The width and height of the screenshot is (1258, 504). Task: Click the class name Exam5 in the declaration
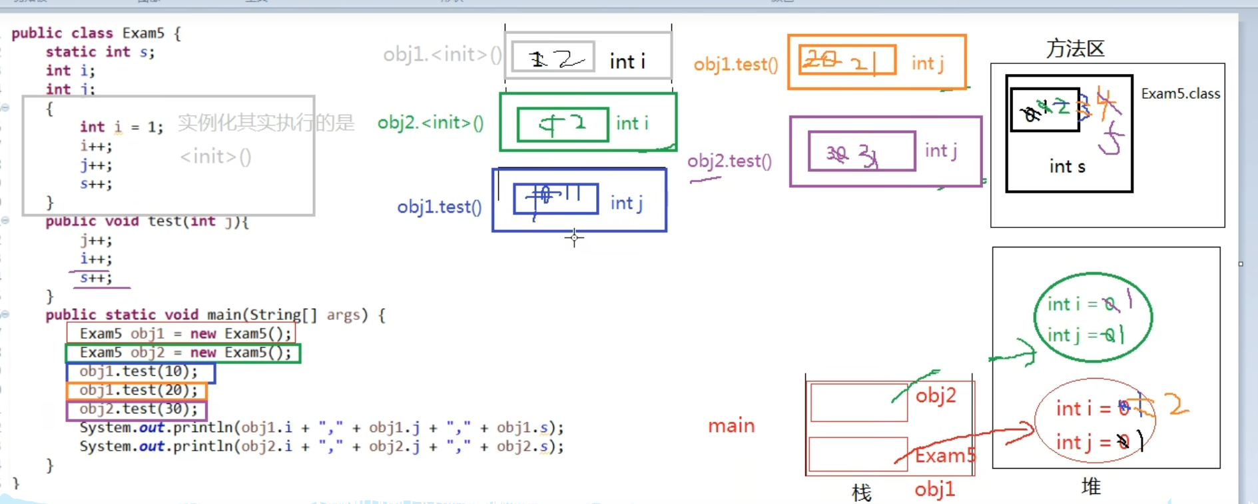click(143, 33)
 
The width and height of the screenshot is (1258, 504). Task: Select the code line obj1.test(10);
click(139, 371)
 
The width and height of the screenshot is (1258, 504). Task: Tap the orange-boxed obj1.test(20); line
click(139, 390)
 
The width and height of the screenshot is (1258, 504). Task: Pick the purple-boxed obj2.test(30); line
click(139, 409)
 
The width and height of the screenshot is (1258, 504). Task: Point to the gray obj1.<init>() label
click(442, 55)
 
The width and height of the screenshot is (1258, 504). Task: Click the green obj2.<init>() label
click(430, 123)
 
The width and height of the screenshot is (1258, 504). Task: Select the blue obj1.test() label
click(439, 207)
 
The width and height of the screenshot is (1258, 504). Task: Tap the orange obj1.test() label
click(735, 65)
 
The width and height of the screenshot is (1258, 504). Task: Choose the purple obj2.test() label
click(729, 161)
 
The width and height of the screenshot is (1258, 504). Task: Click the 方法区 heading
click(1075, 49)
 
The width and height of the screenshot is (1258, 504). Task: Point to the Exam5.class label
click(1180, 94)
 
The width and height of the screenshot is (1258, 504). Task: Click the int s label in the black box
click(1067, 167)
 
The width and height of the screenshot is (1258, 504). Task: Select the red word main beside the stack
click(731, 425)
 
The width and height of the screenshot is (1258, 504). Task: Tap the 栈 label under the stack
click(861, 493)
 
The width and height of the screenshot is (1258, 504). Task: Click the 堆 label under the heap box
click(1090, 487)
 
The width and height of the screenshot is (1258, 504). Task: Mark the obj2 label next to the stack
click(935, 396)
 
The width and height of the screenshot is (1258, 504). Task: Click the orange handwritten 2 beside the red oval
click(1177, 404)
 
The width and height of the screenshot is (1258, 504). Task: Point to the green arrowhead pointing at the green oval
click(1029, 354)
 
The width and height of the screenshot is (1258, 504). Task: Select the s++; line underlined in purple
click(96, 278)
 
